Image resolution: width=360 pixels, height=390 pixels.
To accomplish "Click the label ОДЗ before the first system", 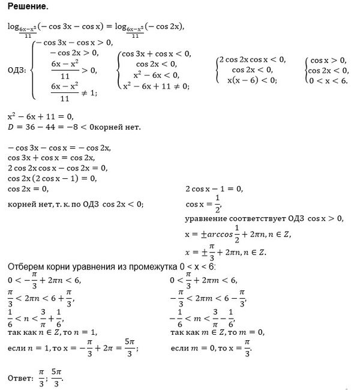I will tap(17, 70).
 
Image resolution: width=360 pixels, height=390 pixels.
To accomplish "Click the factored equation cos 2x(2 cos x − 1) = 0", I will tap(52, 178).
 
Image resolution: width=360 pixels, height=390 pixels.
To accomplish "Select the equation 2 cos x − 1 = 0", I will tap(214, 188).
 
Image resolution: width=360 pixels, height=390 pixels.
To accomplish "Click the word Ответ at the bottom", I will tap(20, 377).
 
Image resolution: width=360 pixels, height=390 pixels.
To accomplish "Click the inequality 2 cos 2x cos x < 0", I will tap(252, 59).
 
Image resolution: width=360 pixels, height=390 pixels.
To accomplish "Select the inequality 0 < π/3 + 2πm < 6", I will tap(204, 280).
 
